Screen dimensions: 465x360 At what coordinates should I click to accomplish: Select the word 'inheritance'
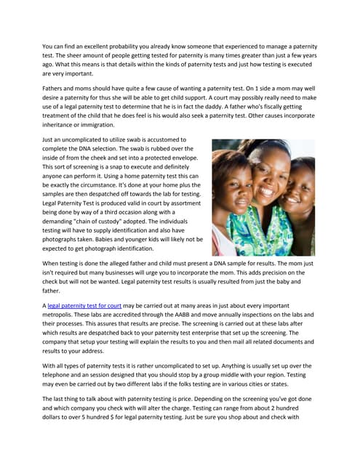(63, 125)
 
